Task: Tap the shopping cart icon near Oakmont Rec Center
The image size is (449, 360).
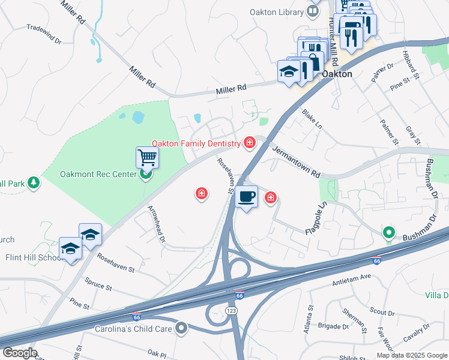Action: [x=146, y=158]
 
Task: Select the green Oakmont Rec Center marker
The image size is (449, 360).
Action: [x=145, y=175]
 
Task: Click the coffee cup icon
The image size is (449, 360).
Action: [x=246, y=196]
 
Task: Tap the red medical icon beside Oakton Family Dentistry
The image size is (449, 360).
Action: [x=249, y=143]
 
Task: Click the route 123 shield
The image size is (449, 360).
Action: [x=231, y=310]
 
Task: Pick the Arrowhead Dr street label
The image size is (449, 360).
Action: [x=156, y=224]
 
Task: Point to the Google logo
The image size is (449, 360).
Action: [x=19, y=352]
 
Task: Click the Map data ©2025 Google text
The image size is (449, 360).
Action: [x=412, y=355]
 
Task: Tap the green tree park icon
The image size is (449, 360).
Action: [x=34, y=182]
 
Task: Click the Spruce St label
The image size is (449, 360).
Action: [x=99, y=284]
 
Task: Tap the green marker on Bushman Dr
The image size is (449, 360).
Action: [x=388, y=232]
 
